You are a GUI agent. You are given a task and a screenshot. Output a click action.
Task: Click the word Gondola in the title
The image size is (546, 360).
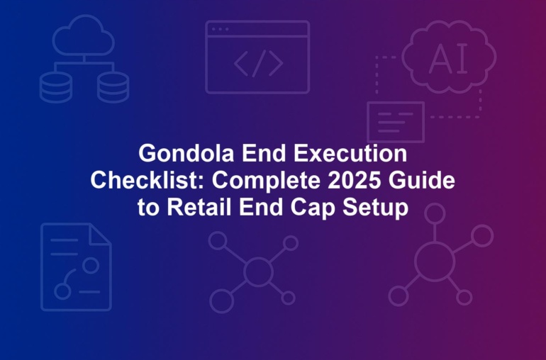tap(186, 153)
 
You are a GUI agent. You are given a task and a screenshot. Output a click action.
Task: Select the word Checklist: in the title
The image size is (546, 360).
tap(147, 180)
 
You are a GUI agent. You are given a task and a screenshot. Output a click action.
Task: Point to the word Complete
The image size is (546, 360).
tap(267, 181)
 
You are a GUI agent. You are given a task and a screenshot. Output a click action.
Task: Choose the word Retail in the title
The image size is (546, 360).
tap(199, 207)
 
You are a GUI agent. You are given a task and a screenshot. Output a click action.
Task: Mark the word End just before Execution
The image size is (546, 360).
tap(264, 153)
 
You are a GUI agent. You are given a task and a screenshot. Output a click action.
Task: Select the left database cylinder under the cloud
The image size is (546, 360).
tap(56, 87)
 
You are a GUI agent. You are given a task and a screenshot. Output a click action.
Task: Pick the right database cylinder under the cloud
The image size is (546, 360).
tap(113, 87)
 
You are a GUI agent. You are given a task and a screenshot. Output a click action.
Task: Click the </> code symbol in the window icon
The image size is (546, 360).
tap(258, 63)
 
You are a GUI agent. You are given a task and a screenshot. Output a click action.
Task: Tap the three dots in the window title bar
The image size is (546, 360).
tap(221, 29)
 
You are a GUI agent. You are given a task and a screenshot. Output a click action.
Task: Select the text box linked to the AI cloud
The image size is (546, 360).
tap(396, 122)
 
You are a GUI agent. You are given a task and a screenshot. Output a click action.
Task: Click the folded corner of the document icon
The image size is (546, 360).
tap(100, 234)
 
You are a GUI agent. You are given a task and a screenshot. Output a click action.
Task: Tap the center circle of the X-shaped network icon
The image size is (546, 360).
tap(258, 271)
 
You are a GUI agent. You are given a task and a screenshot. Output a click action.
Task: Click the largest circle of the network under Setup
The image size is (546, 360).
tap(435, 261)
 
